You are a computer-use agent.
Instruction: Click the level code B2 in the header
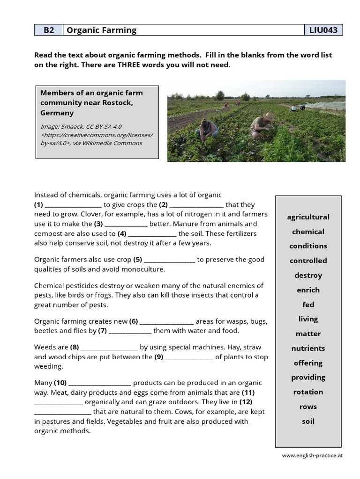tap(49, 30)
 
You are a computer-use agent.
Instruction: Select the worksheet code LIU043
tap(323, 30)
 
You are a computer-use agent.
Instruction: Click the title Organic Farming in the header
tap(102, 30)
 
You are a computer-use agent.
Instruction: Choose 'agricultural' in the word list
tap(308, 217)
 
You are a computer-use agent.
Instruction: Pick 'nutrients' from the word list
tap(308, 348)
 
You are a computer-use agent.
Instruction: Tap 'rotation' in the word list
tap(308, 392)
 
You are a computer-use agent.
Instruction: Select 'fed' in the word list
tap(308, 305)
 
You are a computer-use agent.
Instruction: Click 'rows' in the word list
tap(308, 406)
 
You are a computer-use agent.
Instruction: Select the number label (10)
tap(60, 383)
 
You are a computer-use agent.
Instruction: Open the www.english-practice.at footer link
tap(312, 455)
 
